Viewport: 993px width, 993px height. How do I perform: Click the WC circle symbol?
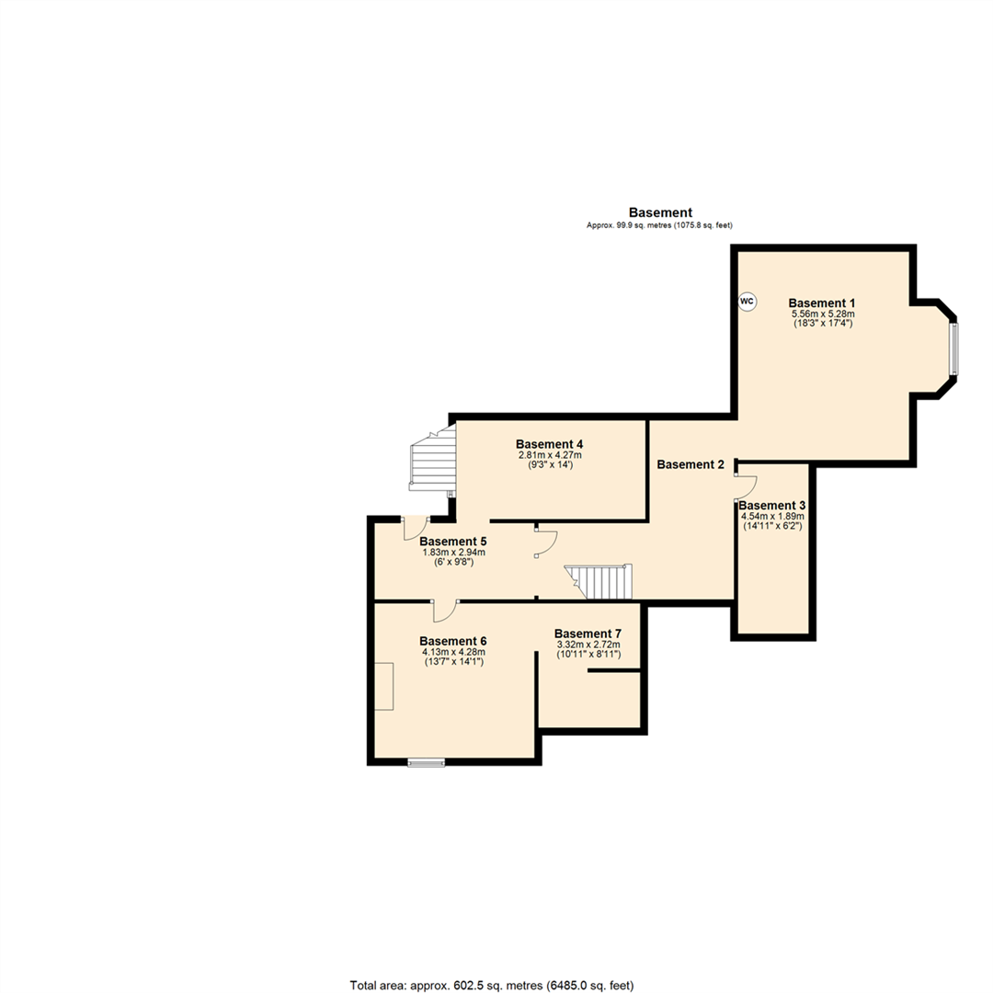(748, 301)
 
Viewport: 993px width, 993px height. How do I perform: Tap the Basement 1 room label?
(822, 302)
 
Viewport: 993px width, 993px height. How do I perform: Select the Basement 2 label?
(691, 464)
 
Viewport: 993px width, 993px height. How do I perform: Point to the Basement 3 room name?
(772, 505)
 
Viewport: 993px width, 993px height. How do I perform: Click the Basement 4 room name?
(549, 443)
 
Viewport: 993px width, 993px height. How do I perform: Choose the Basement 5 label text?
(453, 541)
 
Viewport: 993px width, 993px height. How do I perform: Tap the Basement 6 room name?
(452, 641)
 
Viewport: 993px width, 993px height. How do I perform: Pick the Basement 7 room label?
(588, 633)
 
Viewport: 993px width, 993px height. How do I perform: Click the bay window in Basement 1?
(953, 348)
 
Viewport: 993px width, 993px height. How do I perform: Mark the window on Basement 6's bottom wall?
(426, 760)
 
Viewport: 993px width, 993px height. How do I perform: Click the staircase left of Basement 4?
(433, 461)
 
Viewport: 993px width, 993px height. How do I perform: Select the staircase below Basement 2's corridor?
(599, 582)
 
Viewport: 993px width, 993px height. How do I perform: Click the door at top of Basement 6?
(447, 609)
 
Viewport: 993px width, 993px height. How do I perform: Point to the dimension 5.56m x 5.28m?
(822, 314)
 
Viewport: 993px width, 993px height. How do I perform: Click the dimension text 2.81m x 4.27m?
(549, 455)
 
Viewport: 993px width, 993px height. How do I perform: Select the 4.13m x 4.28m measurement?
(452, 652)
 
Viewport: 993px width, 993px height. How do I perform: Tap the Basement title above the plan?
(660, 212)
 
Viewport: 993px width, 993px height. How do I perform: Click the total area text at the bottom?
(492, 985)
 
